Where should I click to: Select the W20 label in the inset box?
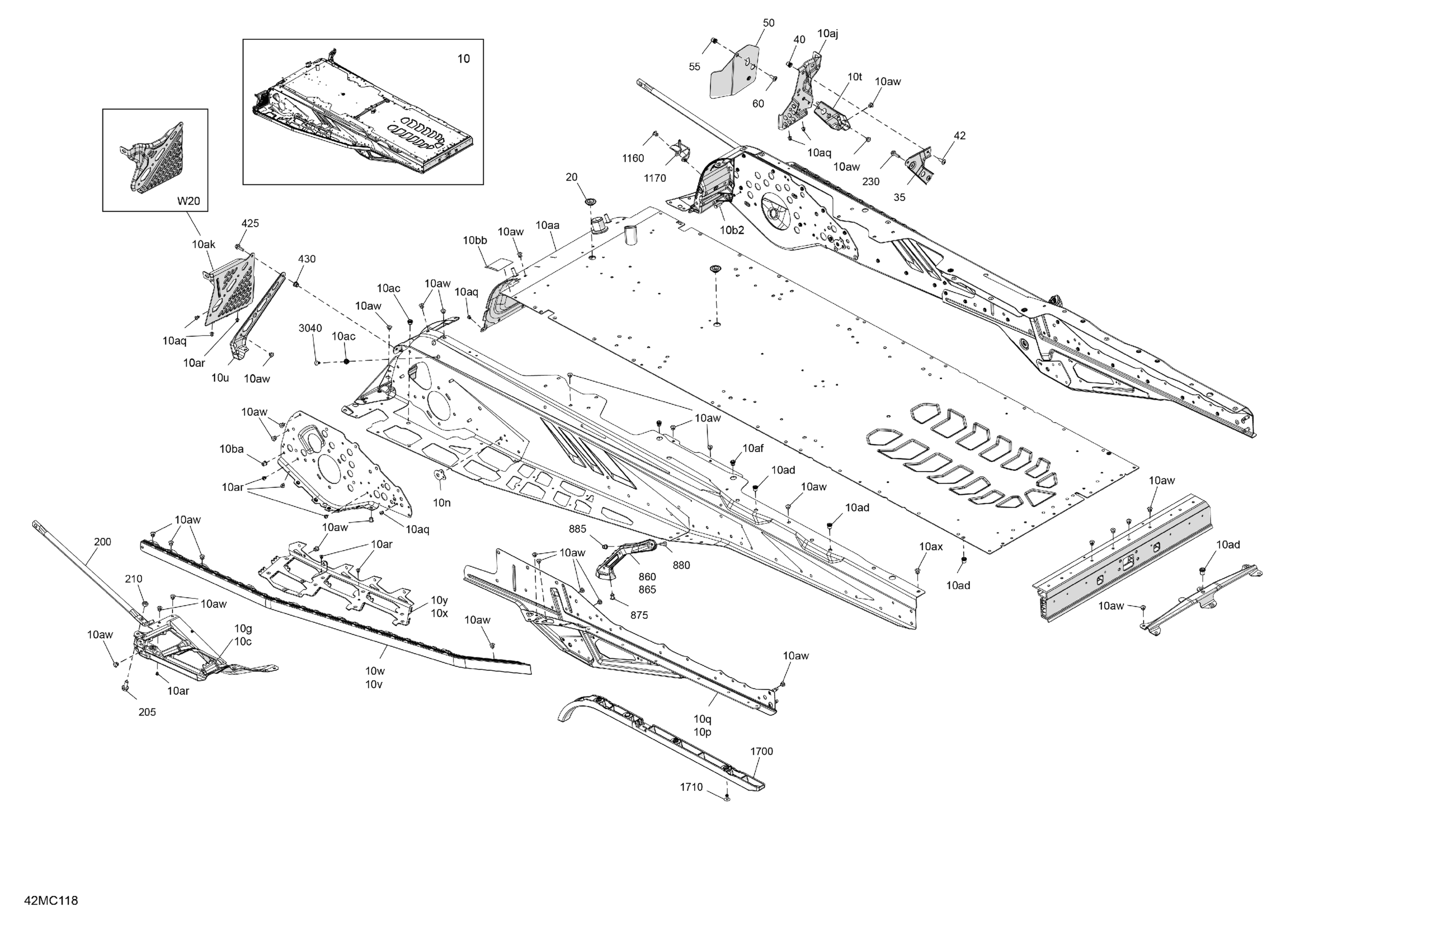(188, 201)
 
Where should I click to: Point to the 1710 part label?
(691, 787)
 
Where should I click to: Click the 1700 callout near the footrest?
(761, 751)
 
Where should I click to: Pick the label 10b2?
(732, 230)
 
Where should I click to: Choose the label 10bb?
(475, 240)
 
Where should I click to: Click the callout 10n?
(441, 502)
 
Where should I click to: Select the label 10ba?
(232, 449)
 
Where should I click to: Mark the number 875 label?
(639, 615)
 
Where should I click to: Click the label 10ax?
(930, 546)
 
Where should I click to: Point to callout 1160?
(633, 158)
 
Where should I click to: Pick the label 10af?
(753, 448)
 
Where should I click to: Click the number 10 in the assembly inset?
(463, 59)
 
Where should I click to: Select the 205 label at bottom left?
(147, 712)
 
